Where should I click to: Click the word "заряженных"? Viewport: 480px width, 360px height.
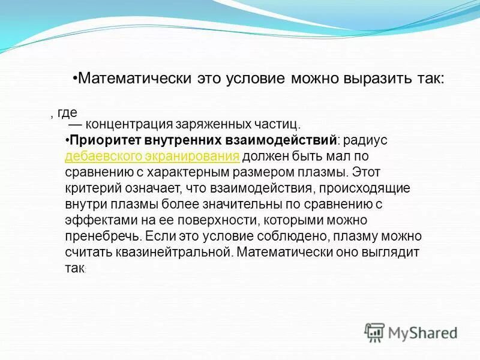click(211, 125)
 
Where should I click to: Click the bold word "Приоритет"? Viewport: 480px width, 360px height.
click(104, 141)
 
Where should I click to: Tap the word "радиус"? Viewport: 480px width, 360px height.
click(367, 141)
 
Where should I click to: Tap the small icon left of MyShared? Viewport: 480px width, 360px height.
click(374, 332)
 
